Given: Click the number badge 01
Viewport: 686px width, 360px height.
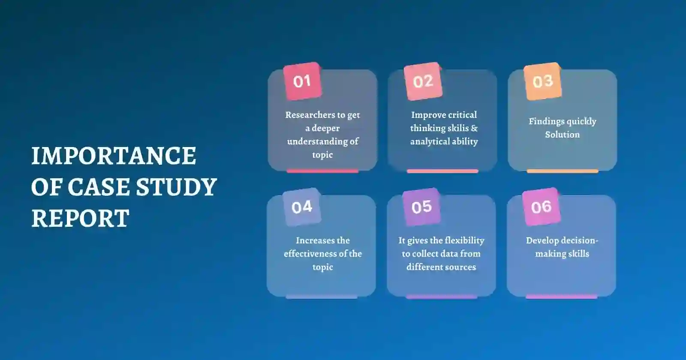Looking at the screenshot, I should pyautogui.click(x=302, y=81).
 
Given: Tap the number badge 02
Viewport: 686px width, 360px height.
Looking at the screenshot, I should pyautogui.click(x=423, y=81).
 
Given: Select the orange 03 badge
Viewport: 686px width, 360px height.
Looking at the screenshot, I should pyautogui.click(x=543, y=81).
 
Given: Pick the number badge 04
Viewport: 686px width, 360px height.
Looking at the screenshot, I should pyautogui.click(x=302, y=207).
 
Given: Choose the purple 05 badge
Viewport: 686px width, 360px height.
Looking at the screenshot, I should pyautogui.click(x=422, y=207).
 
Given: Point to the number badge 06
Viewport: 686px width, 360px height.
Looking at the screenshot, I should pyautogui.click(x=542, y=207).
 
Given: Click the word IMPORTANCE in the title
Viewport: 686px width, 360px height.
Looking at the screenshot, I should pyautogui.click(x=114, y=156).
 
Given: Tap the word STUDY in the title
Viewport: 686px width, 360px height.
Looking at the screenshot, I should pyautogui.click(x=176, y=187).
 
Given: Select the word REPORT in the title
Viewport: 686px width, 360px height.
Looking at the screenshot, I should pyautogui.click(x=80, y=218).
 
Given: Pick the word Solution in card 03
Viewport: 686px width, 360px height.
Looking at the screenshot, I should pyautogui.click(x=562, y=135).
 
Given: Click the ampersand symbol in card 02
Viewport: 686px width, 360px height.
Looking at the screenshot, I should pyautogui.click(x=474, y=128).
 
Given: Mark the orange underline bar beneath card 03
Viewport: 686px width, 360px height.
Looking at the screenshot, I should pyautogui.click(x=562, y=171).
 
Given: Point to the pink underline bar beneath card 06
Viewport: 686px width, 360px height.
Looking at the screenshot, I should pyautogui.click(x=561, y=297).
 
